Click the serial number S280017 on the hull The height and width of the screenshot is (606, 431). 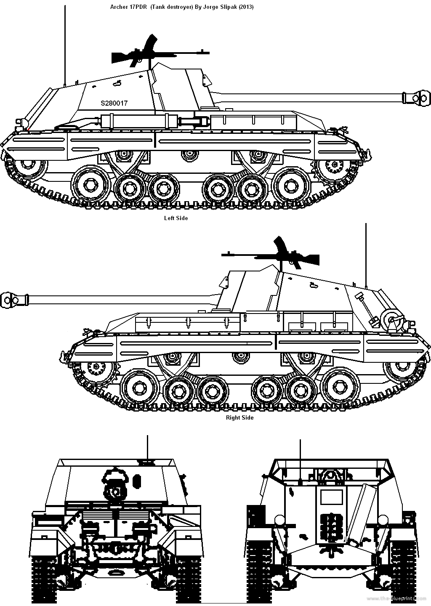coord(114,103)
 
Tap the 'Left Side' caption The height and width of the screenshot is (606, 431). coord(176,218)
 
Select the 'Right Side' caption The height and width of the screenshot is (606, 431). coord(240,417)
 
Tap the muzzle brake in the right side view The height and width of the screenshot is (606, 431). coord(14,300)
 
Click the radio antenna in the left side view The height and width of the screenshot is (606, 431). coord(65,45)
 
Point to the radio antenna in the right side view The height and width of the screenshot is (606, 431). coord(366,256)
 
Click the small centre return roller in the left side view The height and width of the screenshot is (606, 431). coord(190,155)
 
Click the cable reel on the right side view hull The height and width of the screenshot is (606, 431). coord(391,322)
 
